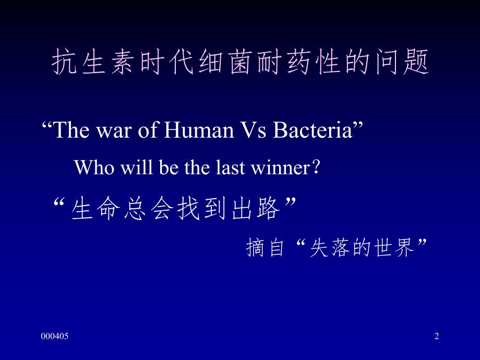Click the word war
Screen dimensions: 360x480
114,131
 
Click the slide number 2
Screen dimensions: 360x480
437,337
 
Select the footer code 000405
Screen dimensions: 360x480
55,337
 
